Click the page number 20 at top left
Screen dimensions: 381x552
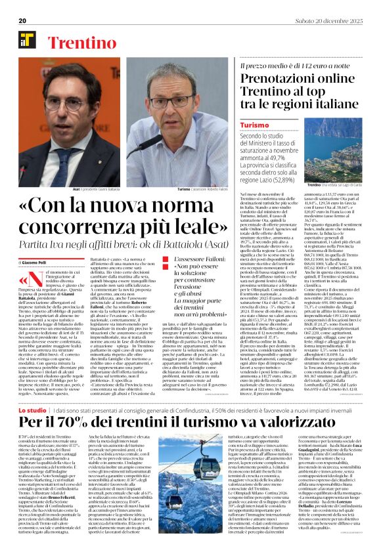click(x=22, y=20)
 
